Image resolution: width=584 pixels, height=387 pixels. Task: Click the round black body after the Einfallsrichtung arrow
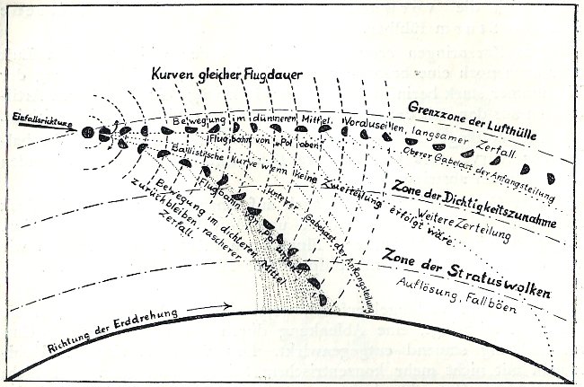[88, 133]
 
